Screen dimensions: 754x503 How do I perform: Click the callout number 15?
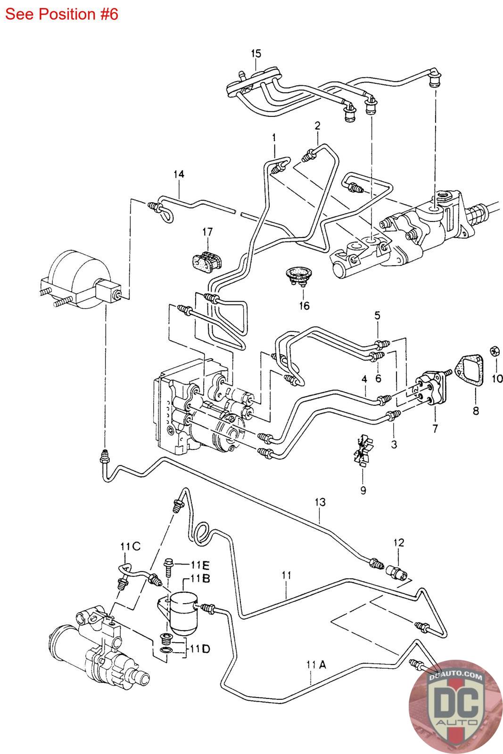pyautogui.click(x=256, y=53)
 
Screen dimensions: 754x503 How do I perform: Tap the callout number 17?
pyautogui.click(x=207, y=231)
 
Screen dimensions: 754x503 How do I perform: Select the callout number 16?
pyautogui.click(x=304, y=306)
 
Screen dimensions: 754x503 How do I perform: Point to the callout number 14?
pyautogui.click(x=178, y=174)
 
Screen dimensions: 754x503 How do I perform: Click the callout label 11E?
pyautogui.click(x=200, y=565)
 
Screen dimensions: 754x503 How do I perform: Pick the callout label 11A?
pyautogui.click(x=315, y=665)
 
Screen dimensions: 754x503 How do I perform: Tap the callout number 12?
pyautogui.click(x=399, y=542)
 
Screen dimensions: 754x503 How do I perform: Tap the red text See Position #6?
pyautogui.click(x=62, y=15)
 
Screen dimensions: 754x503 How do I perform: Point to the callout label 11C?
pyautogui.click(x=130, y=547)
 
